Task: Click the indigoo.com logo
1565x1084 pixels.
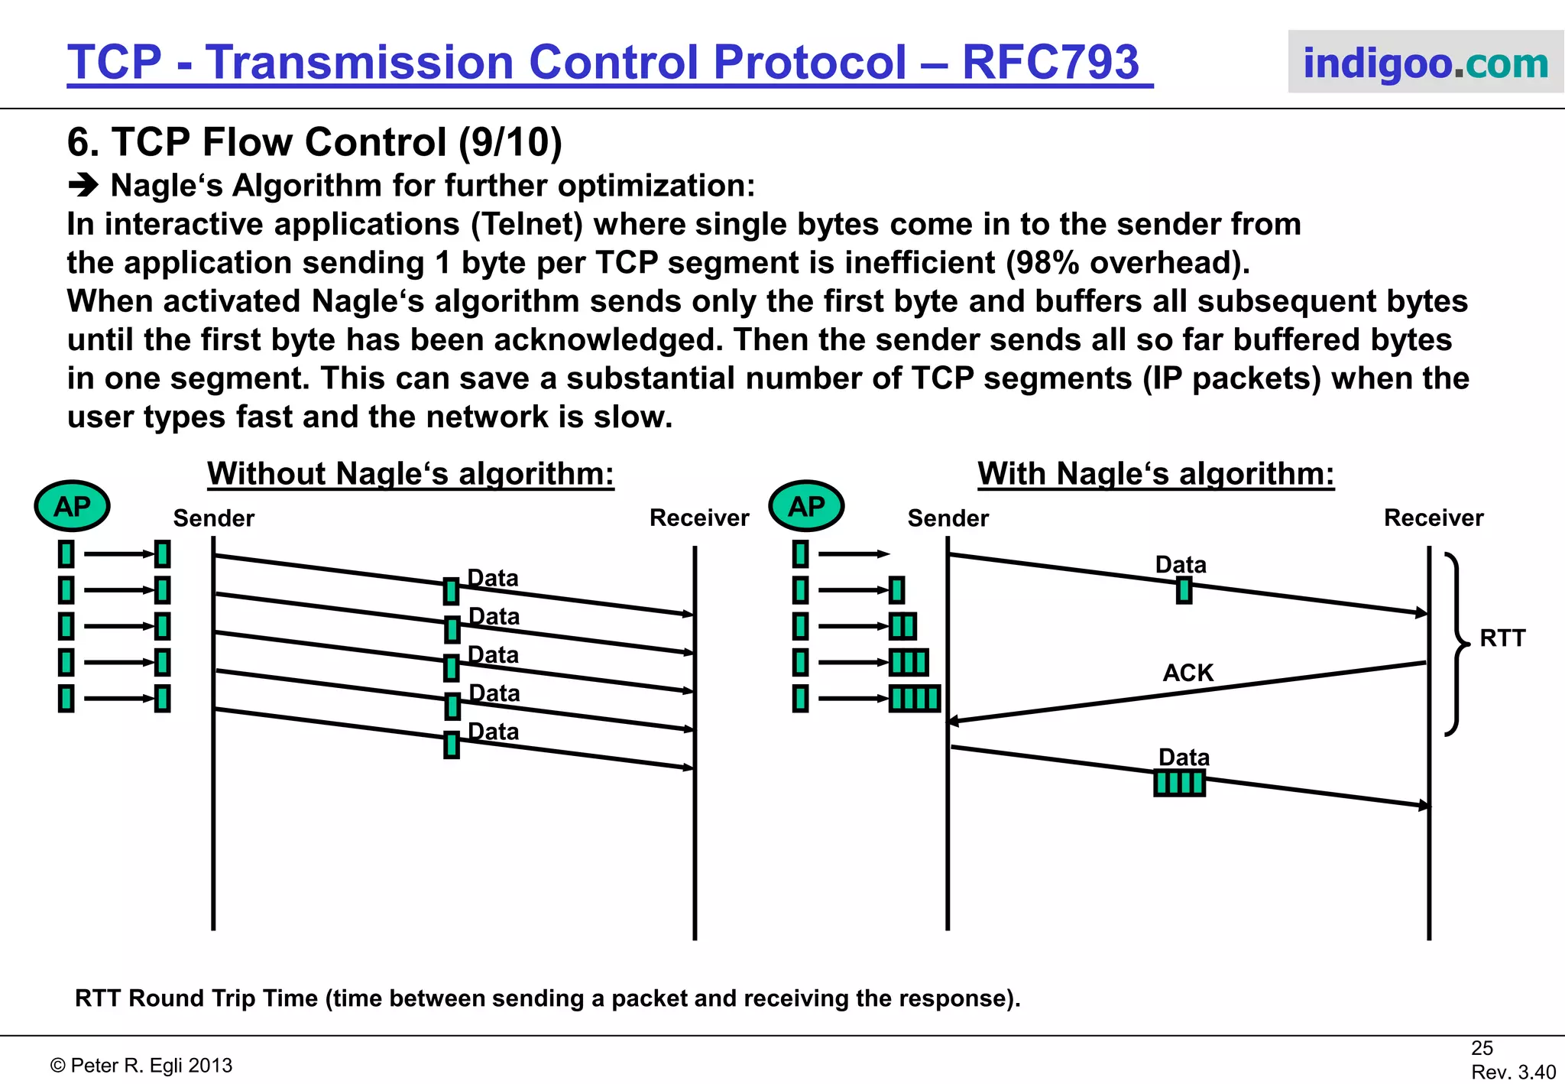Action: [x=1425, y=63]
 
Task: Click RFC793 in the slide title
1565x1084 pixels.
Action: [x=1050, y=62]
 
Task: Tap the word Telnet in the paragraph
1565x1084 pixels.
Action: [x=527, y=225]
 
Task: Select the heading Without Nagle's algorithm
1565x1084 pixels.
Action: [x=410, y=474]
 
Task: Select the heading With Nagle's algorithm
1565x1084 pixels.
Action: [x=1155, y=474]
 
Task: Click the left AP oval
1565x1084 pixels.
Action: [x=72, y=506]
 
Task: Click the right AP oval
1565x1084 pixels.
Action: [x=806, y=506]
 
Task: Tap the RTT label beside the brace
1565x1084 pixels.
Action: [x=1502, y=638]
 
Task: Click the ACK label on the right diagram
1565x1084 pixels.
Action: [x=1188, y=673]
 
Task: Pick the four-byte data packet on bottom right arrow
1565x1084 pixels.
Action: [x=1179, y=784]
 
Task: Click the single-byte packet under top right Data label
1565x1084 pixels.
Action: [x=1184, y=590]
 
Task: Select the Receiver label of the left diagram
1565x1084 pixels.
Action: [x=698, y=518]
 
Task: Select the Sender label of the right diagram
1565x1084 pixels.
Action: [x=948, y=519]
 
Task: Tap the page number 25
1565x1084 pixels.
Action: [x=1482, y=1048]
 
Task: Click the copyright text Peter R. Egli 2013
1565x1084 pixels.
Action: [x=141, y=1066]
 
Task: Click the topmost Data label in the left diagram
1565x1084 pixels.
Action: [x=493, y=579]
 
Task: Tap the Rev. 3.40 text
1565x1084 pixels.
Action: [x=1513, y=1073]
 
